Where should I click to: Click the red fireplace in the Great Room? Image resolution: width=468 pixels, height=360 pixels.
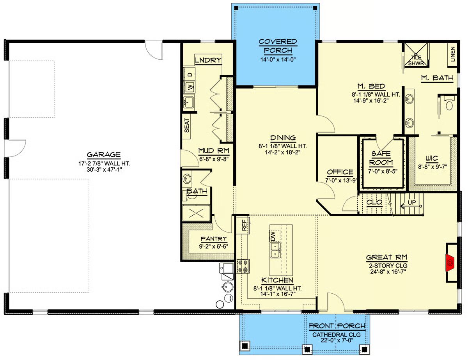(x=450, y=263)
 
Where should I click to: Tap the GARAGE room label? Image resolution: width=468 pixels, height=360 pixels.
(x=104, y=154)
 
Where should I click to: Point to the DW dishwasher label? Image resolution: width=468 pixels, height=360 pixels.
(x=273, y=236)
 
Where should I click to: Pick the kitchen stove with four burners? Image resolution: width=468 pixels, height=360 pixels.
(x=243, y=266)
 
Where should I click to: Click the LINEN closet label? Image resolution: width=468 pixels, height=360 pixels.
(x=452, y=54)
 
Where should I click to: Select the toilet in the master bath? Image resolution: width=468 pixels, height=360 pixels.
(x=449, y=104)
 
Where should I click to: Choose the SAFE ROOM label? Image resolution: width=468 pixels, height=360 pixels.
(x=381, y=158)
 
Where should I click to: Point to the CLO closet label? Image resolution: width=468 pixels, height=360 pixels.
(x=374, y=202)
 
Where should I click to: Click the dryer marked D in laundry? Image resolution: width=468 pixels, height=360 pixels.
(x=190, y=74)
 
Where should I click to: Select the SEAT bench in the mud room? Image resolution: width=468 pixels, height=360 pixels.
(x=186, y=126)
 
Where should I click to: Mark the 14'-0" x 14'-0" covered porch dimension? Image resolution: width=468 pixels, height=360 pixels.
(x=278, y=59)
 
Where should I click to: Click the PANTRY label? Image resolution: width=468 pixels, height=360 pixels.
(x=214, y=239)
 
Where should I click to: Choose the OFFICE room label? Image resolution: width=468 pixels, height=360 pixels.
(x=340, y=172)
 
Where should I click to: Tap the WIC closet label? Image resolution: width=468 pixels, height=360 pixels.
(x=432, y=158)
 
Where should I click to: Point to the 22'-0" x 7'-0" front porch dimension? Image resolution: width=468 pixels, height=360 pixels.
(x=337, y=340)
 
